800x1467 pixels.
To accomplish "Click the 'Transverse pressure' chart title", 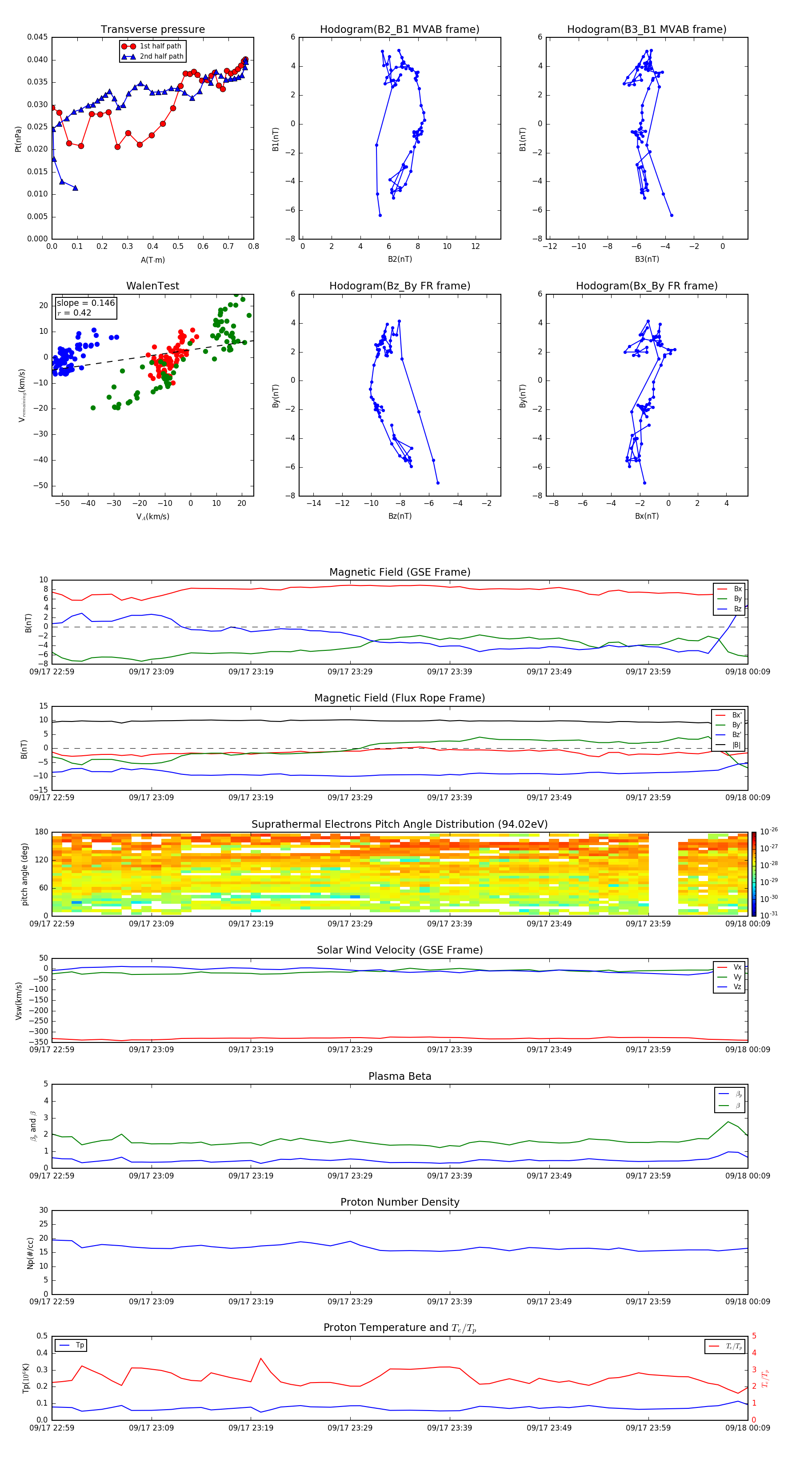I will coord(152,30).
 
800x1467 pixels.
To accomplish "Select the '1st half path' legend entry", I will coord(160,46).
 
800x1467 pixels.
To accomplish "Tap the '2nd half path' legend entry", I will coord(161,56).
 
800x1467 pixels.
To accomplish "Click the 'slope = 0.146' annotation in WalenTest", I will coord(85,303).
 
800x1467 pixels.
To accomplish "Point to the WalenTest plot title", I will coord(152,286).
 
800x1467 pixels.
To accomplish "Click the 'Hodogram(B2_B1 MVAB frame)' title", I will coord(399,30).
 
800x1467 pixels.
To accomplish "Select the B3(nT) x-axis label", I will coord(647,259).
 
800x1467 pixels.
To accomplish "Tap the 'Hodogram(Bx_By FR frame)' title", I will coord(646,286).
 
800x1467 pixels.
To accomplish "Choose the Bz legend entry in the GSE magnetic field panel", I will coord(737,609).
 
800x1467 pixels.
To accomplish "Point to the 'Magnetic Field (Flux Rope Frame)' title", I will coord(399,698).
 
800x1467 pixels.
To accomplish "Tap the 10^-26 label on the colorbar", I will coord(769,831).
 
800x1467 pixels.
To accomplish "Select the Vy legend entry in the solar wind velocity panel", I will coord(737,977).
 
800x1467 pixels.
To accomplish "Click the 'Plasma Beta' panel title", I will coord(399,1076).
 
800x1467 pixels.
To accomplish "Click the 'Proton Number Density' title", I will coord(399,1202).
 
